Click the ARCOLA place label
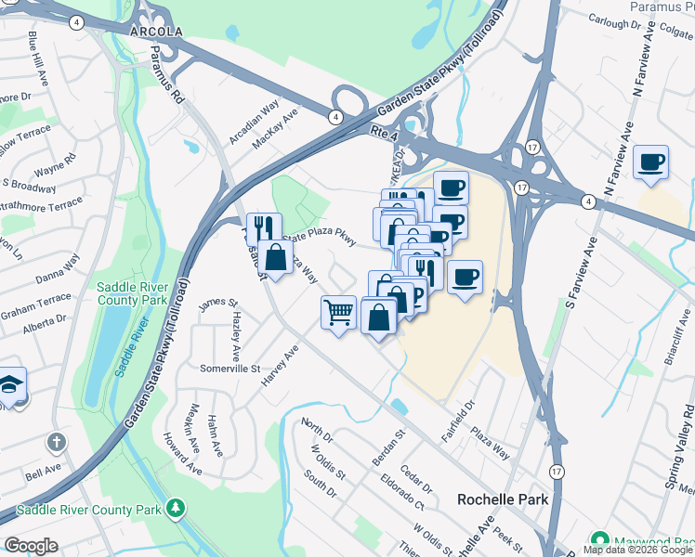click(156, 31)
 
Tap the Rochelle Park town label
click(503, 499)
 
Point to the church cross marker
click(57, 443)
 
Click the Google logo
click(31, 546)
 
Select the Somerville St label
click(230, 369)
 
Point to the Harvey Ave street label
click(280, 367)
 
